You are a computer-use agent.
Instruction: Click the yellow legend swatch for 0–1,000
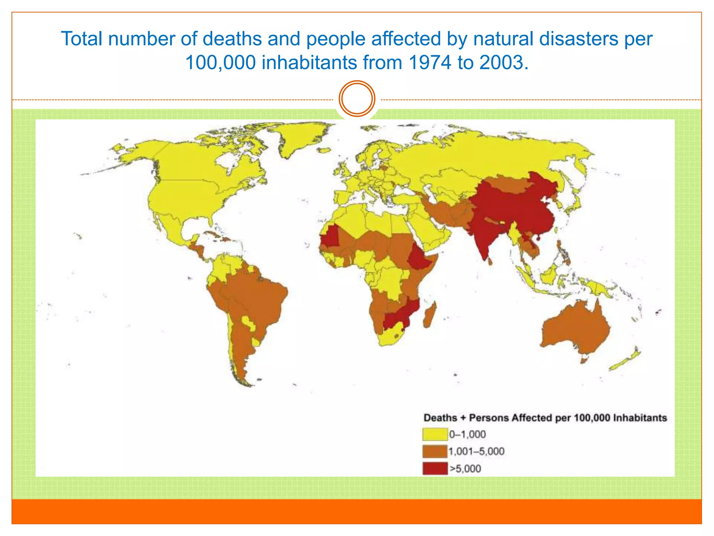pos(435,434)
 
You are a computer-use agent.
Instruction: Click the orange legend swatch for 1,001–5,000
pos(435,451)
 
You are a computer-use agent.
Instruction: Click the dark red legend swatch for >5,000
pos(435,468)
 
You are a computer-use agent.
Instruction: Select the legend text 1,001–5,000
pos(476,451)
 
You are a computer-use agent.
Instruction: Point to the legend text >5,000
pos(465,468)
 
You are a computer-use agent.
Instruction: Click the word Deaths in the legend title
pos(440,418)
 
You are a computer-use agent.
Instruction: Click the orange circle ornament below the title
pos(357,99)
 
